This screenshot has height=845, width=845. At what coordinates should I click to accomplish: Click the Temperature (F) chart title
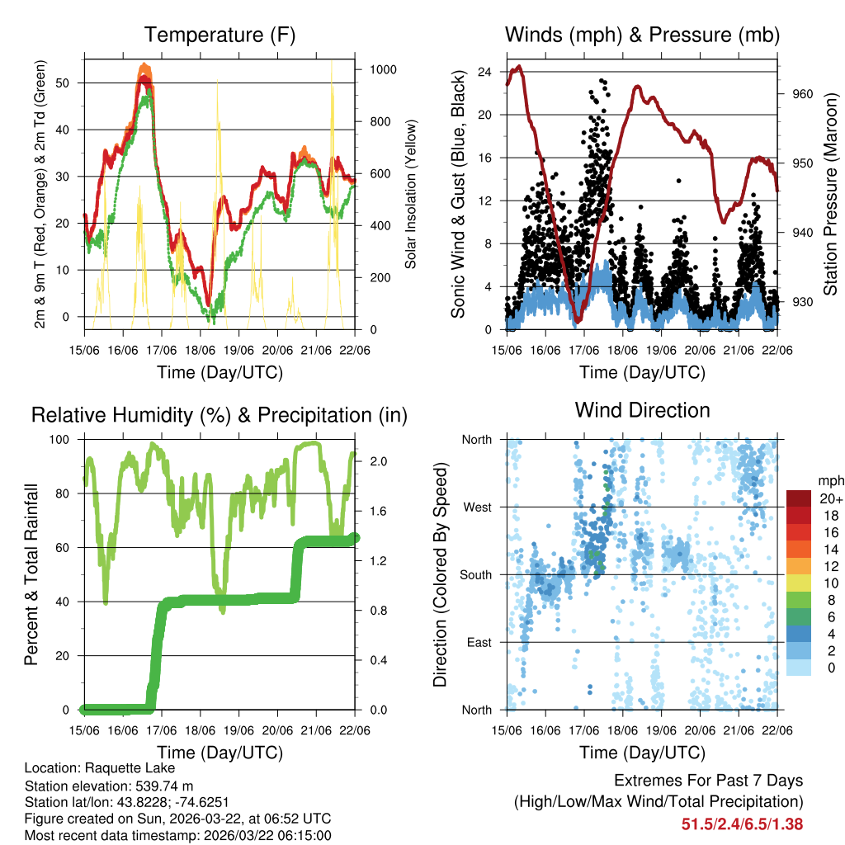[220, 35]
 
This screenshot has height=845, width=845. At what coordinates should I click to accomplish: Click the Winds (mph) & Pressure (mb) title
[642, 35]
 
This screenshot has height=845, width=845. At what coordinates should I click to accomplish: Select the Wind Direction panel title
[642, 410]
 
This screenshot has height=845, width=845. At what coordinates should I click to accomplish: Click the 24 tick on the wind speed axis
[485, 72]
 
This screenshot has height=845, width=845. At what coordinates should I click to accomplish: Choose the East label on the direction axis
[479, 642]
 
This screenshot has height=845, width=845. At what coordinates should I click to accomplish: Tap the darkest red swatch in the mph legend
[799, 498]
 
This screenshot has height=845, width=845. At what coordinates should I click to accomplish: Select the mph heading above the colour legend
[830, 480]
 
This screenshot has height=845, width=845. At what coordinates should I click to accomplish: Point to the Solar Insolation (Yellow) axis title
[410, 194]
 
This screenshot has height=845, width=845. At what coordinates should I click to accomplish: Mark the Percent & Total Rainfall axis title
[31, 574]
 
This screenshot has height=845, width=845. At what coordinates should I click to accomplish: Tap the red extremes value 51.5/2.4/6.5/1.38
[742, 824]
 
